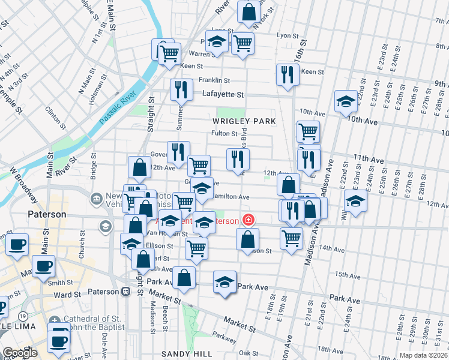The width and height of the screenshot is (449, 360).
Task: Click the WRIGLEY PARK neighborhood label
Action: pos(244,121)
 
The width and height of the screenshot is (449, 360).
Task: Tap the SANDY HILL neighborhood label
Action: pos(182,355)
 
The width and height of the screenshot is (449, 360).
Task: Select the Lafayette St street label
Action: pos(223,94)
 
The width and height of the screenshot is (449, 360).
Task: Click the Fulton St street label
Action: pos(225,133)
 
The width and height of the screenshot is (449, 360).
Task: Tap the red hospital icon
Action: pos(247,221)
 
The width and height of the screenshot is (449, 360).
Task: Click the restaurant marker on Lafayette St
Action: pos(181,89)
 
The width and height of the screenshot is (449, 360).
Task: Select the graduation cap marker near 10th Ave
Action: pos(346,101)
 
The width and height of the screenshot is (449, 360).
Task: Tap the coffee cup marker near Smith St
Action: pos(43,265)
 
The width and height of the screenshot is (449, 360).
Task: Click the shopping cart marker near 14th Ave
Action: pos(291,238)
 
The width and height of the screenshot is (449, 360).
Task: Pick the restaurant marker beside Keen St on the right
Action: pos(288,74)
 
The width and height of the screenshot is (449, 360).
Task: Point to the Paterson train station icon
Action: pos(126,292)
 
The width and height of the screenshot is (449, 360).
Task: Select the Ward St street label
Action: pos(67,295)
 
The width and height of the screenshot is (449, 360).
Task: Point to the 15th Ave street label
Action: pos(346,274)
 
